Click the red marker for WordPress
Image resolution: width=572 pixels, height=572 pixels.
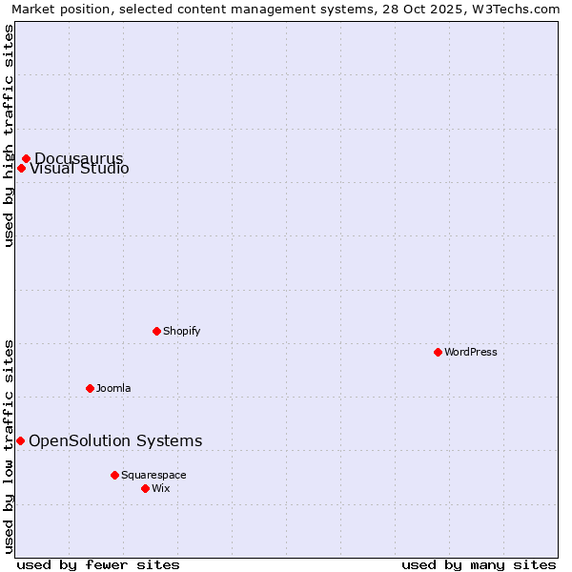[x=438, y=352]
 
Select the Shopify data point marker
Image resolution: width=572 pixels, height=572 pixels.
[x=156, y=331]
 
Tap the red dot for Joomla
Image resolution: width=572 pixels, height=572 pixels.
[x=90, y=388]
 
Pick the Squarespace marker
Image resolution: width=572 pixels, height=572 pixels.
[x=114, y=475]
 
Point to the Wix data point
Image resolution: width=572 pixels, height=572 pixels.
[x=145, y=488]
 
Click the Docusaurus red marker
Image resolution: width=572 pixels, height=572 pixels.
[x=26, y=158]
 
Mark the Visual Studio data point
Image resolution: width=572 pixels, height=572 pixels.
[x=21, y=169]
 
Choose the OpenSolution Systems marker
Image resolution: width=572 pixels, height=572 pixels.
[x=20, y=440]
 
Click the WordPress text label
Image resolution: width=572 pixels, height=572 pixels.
[x=471, y=352]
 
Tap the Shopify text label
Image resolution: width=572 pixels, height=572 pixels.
[x=182, y=331]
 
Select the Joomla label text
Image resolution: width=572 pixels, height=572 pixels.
[x=113, y=388]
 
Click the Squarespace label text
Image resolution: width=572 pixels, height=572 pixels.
[x=153, y=475]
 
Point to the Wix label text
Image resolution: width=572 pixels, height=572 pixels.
[x=161, y=488]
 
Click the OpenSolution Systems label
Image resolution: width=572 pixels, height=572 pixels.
[x=115, y=440]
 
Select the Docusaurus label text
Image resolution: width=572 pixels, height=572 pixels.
[x=79, y=157]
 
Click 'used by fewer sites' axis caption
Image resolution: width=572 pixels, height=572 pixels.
[x=98, y=564]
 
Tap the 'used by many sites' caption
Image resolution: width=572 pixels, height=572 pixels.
[x=479, y=564]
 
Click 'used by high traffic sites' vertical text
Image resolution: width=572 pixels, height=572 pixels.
[x=9, y=134]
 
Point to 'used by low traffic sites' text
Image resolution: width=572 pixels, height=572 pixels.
[x=9, y=446]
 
